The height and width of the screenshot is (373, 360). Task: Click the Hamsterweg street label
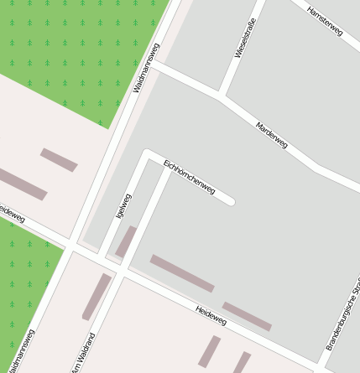[x=325, y=22]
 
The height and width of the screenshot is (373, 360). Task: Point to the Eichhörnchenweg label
[x=190, y=176]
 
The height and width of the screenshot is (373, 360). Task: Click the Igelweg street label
[x=124, y=206]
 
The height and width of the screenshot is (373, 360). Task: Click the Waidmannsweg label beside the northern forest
[x=146, y=67]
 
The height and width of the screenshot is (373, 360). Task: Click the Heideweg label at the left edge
[x=12, y=215]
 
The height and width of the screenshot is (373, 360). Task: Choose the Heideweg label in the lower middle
[x=211, y=314]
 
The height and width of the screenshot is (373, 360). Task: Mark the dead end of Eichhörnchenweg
[x=230, y=201]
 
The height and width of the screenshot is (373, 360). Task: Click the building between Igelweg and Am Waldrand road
[x=126, y=241]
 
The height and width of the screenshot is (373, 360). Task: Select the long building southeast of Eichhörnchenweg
[x=182, y=273]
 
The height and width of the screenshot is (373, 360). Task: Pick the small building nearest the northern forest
[x=59, y=159]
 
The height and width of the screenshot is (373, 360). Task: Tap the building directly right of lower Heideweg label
[x=247, y=316]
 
